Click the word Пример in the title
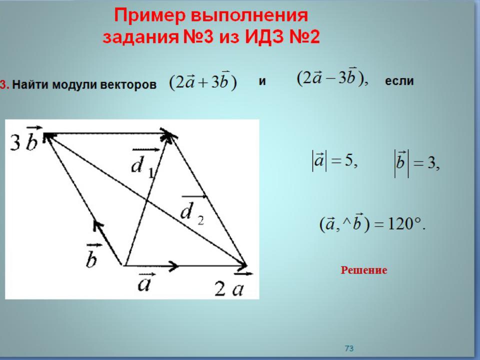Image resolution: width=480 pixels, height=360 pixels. point(149,16)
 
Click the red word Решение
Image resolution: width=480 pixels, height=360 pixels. point(364,270)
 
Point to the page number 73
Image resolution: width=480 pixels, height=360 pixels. point(349,348)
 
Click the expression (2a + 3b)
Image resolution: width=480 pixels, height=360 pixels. point(203,81)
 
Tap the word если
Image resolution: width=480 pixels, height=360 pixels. point(399,81)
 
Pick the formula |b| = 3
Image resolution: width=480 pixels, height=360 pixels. point(416,163)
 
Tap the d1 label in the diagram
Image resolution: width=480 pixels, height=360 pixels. point(143,163)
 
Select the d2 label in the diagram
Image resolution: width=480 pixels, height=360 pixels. point(193,209)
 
